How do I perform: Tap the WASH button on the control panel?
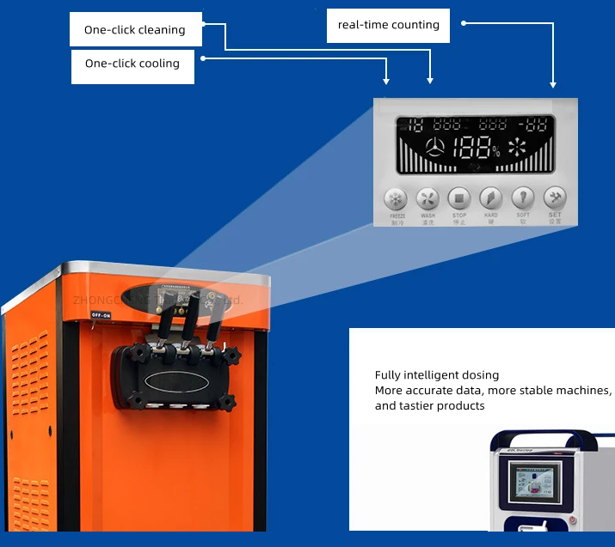tap(427, 199)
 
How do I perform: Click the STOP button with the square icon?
tap(459, 199)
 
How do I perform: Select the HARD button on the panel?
tap(490, 199)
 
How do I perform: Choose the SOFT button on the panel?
tap(522, 199)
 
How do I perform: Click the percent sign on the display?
tap(496, 152)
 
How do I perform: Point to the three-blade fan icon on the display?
tap(437, 148)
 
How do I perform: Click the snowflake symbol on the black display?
tap(517, 148)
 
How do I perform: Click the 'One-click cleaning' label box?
tap(135, 30)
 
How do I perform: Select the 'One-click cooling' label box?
tap(132, 64)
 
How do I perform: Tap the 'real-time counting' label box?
tap(389, 25)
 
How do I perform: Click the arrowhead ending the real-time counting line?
tap(553, 84)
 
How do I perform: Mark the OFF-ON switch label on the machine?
tap(101, 315)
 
